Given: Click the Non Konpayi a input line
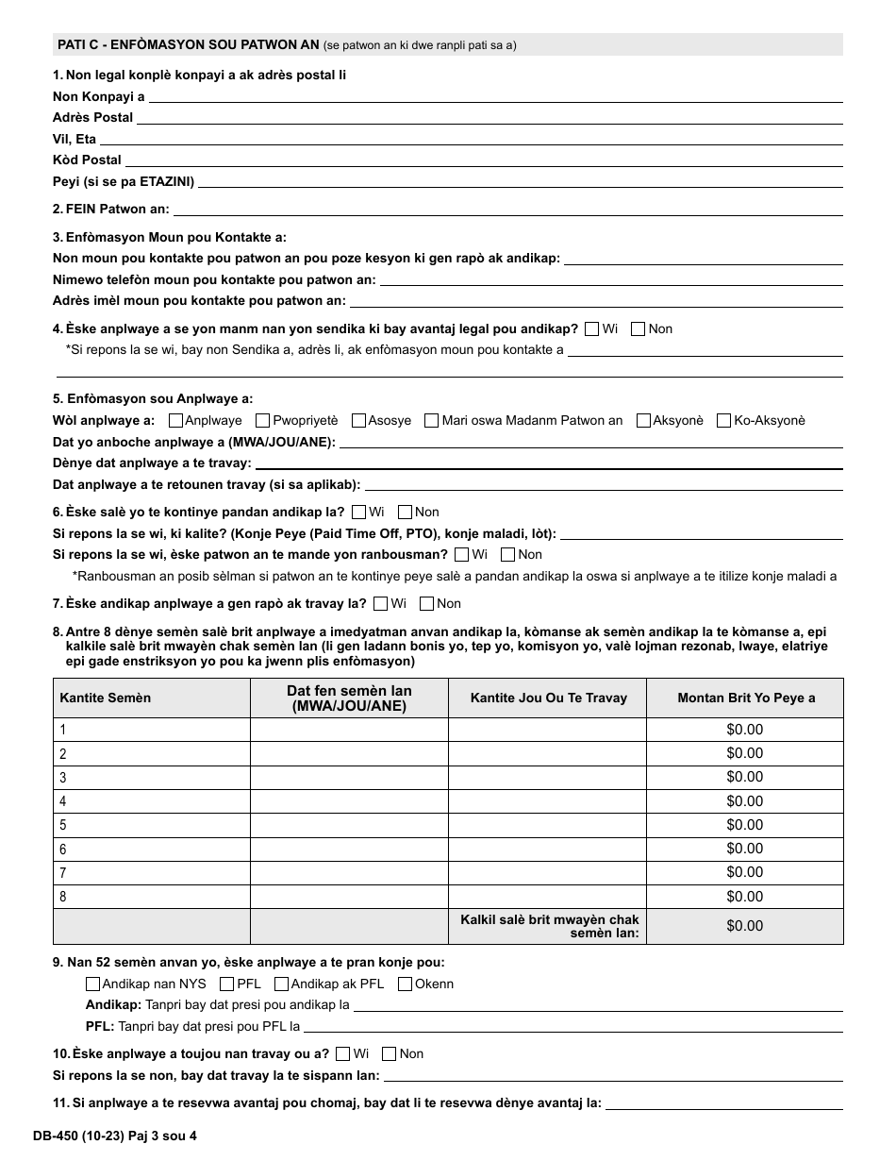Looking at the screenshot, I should pyautogui.click(x=495, y=95).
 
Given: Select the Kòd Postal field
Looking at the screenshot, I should pyautogui.click(x=484, y=160).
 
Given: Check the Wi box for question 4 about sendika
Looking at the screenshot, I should pyautogui.click(x=592, y=329).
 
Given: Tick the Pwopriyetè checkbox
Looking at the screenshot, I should pyautogui.click(x=263, y=421).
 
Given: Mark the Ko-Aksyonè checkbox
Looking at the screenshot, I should pyautogui.click(x=724, y=421).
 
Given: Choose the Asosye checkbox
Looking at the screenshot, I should pyautogui.click(x=358, y=421).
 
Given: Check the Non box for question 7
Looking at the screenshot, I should pyautogui.click(x=426, y=604).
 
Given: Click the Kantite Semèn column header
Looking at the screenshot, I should pyautogui.click(x=105, y=698).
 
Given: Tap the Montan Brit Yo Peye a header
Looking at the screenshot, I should pyautogui.click(x=745, y=698).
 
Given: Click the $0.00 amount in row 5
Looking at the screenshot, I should pyautogui.click(x=744, y=825).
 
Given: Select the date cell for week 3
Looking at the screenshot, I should pyautogui.click(x=349, y=777).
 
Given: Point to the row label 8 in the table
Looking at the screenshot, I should pyautogui.click(x=63, y=897).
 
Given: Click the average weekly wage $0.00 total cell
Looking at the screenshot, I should pyautogui.click(x=744, y=926).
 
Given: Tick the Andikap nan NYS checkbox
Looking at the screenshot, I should pyautogui.click(x=92, y=984).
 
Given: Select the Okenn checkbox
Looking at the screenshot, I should pyautogui.click(x=406, y=984).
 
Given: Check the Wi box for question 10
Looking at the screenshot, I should pyautogui.click(x=343, y=1054).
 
